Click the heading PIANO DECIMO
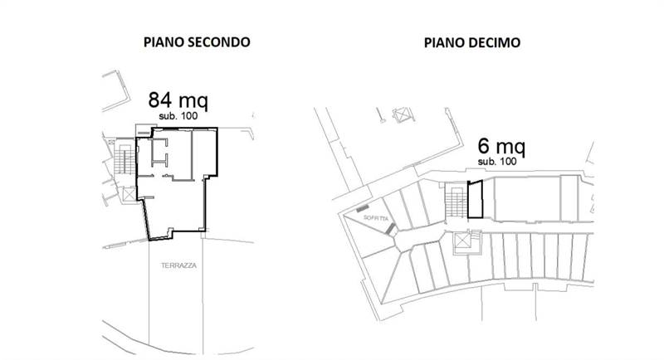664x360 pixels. click(x=472, y=41)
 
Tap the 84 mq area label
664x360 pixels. click(x=177, y=101)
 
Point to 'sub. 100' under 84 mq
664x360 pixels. click(x=178, y=117)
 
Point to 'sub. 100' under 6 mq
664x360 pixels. click(x=497, y=162)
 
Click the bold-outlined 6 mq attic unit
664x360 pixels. click(x=475, y=200)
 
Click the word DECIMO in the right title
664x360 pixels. click(x=495, y=41)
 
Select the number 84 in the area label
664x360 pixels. click(x=159, y=101)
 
